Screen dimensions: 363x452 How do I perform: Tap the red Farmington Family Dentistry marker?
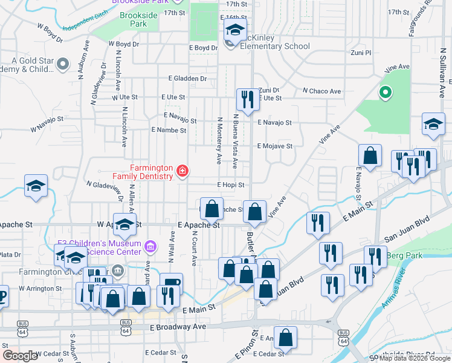pyautogui.click(x=181, y=172)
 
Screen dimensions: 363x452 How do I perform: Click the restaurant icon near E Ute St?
pyautogui.click(x=247, y=99)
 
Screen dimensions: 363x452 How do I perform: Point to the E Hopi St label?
pyautogui.click(x=231, y=185)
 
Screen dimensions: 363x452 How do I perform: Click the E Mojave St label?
pyautogui.click(x=274, y=146)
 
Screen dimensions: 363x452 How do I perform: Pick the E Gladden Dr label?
pyautogui.click(x=188, y=79)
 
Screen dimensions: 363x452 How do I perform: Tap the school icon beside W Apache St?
pyautogui.click(x=124, y=224)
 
